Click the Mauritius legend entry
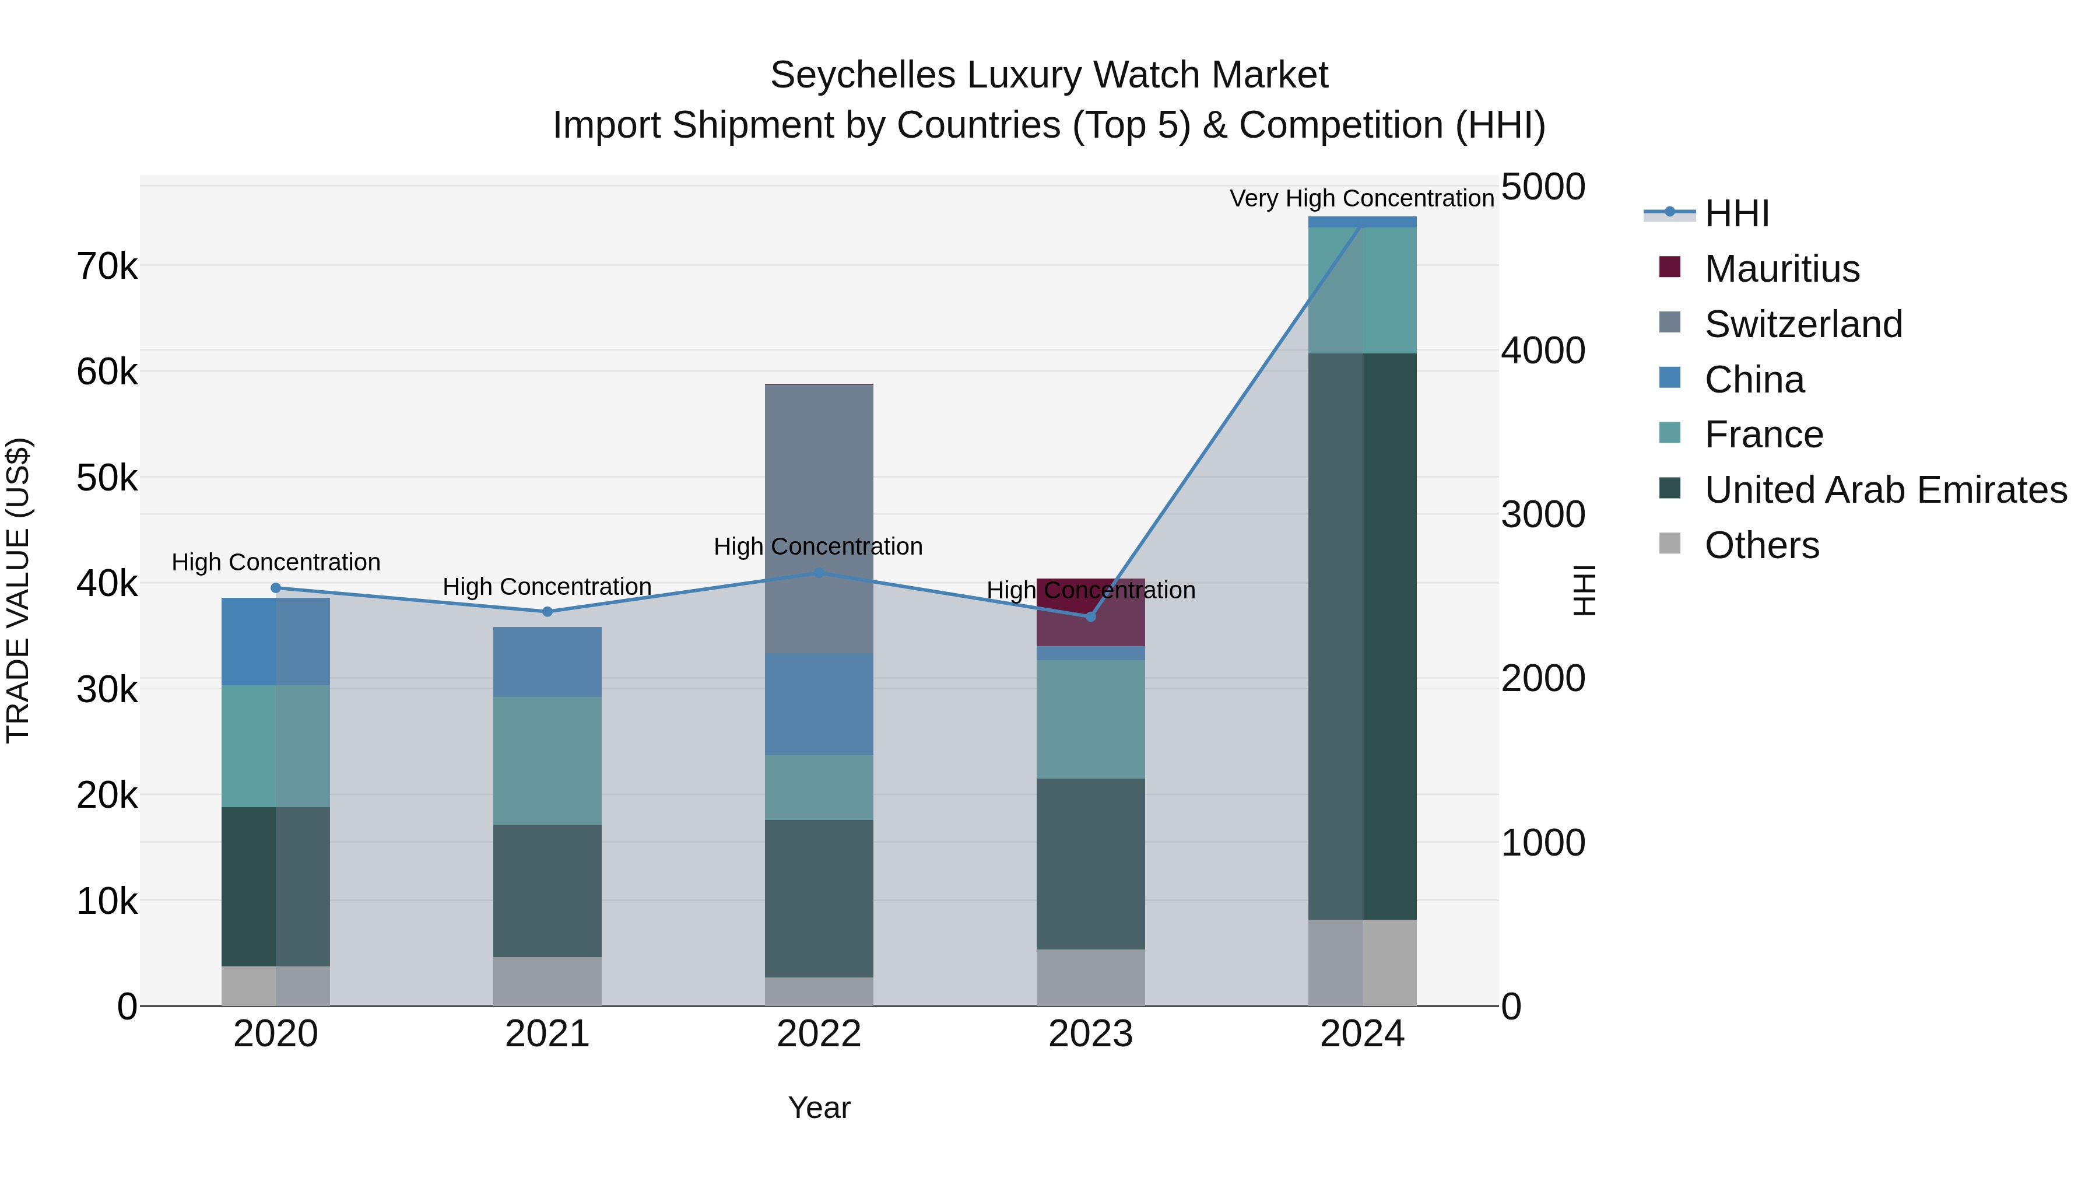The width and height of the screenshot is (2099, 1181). (x=1781, y=269)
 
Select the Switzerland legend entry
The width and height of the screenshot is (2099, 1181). (x=1802, y=324)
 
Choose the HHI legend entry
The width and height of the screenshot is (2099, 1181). (x=1736, y=213)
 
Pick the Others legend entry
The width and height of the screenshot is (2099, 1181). (x=1761, y=545)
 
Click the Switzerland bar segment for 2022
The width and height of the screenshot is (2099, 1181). (x=819, y=518)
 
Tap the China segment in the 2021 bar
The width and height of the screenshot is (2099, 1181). (x=547, y=662)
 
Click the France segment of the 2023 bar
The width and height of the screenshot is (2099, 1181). (x=1090, y=719)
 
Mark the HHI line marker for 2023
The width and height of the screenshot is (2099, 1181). (x=1090, y=616)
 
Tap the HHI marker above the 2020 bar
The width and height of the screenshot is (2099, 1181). (x=275, y=588)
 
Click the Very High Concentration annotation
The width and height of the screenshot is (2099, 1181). (x=1361, y=198)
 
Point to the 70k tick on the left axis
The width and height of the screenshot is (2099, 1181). (x=107, y=266)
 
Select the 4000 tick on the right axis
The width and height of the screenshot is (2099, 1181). (x=1542, y=351)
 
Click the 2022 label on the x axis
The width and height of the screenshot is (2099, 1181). (x=819, y=1034)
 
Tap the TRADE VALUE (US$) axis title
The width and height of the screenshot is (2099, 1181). (x=18, y=590)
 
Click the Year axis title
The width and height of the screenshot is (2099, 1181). (x=819, y=1108)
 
